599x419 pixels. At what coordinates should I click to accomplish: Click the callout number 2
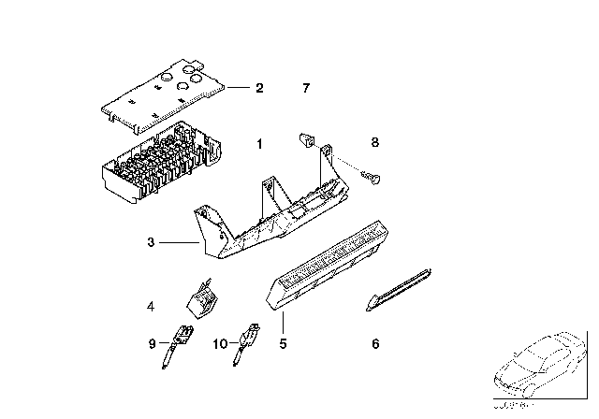coord(259,89)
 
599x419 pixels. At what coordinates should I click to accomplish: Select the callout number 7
coord(305,89)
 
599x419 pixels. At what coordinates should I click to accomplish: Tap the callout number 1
coord(259,144)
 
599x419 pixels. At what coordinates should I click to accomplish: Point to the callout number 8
coord(375,143)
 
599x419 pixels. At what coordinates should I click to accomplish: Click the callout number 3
coord(150,243)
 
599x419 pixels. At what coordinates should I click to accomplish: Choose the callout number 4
coord(150,305)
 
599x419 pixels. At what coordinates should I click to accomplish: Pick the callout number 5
coord(282,343)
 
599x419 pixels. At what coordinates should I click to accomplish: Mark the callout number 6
coord(375,343)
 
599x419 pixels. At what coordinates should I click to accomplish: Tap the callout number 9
coord(150,344)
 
